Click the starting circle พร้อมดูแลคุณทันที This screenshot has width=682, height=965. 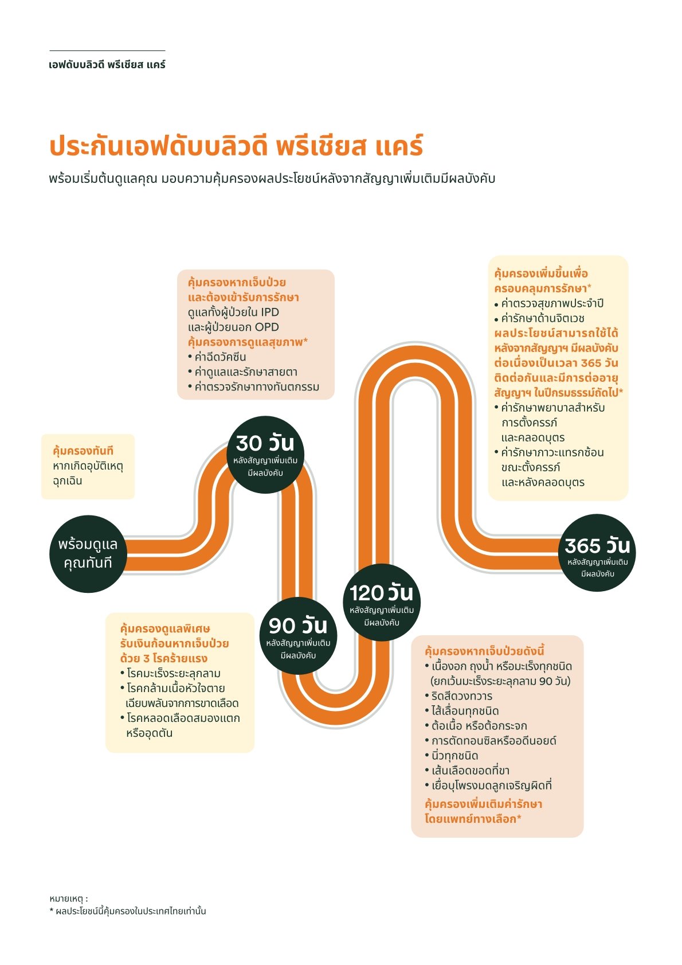tap(88, 554)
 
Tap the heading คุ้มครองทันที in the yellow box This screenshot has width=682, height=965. tap(83, 451)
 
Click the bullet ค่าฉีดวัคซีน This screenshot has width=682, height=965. tap(220, 357)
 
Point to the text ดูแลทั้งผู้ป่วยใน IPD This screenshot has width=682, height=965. tap(233, 312)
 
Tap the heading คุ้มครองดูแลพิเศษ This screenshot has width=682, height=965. tap(165, 628)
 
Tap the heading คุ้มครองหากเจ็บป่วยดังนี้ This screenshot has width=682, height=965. tap(484, 651)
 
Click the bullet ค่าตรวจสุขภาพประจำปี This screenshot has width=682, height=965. tap(552, 303)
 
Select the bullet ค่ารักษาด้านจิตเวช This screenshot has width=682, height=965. tap(542, 318)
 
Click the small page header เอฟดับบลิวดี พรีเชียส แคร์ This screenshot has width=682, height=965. tap(107, 65)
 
